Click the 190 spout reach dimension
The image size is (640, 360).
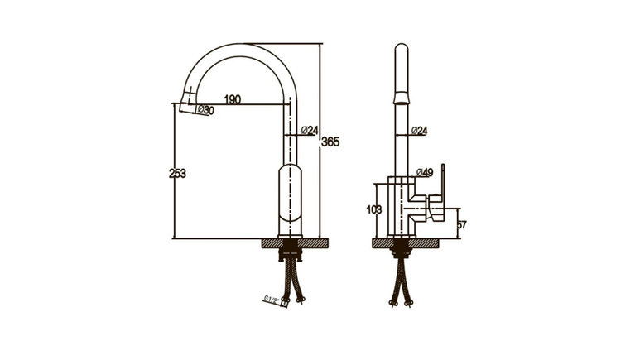233,99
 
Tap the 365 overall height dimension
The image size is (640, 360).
330,142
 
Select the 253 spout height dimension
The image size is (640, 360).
177,174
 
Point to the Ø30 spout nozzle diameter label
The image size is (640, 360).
205,109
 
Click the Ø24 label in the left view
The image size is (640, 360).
310,130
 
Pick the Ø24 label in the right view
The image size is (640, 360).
419,131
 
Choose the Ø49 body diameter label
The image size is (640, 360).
425,173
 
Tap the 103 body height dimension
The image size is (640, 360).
374,210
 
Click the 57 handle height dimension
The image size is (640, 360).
462,224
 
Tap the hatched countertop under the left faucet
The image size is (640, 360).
295,242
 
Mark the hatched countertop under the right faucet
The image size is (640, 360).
405,242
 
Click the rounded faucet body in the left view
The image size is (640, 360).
291,200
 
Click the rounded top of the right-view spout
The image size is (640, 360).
402,48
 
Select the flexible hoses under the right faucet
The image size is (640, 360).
402,282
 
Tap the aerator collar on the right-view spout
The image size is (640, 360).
402,98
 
